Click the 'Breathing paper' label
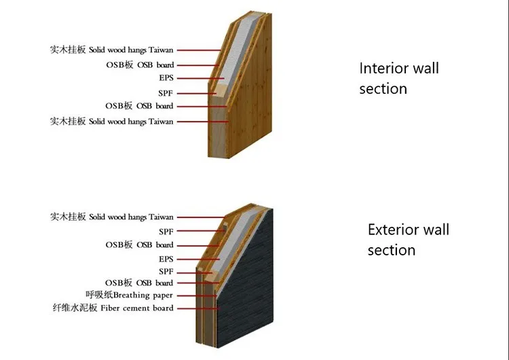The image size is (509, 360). point(143,295)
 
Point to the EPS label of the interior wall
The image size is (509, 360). point(166,79)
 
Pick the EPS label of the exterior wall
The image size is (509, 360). point(166,259)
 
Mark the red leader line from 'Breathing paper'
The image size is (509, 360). point(197,295)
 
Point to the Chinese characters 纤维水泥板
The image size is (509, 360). point(75,308)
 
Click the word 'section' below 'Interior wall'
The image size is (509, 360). point(383,89)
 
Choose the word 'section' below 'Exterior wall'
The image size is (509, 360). point(392,250)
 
